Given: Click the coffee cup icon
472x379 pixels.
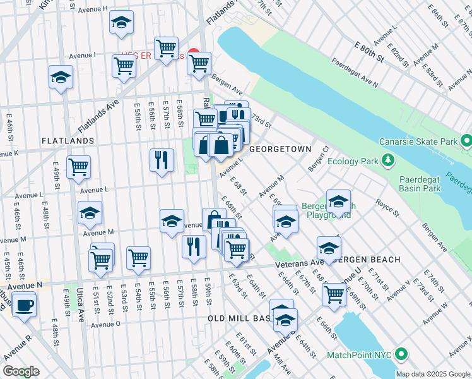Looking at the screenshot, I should click(x=24, y=305).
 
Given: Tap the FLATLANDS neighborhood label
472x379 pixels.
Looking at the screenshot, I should click(x=68, y=140).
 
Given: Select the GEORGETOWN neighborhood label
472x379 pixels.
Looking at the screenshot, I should click(x=280, y=149).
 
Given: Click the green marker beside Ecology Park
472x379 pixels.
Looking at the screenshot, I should click(x=386, y=161).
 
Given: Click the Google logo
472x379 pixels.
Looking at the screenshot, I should click(x=21, y=371).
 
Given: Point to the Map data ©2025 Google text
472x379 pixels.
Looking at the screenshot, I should click(x=432, y=374).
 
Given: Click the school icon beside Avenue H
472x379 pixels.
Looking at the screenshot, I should click(x=121, y=23).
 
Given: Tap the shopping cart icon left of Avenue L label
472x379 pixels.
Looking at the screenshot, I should click(x=79, y=167).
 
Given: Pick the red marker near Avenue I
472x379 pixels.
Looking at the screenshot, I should click(x=194, y=55).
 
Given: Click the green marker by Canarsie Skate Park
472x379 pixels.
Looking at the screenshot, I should click(x=466, y=140).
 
